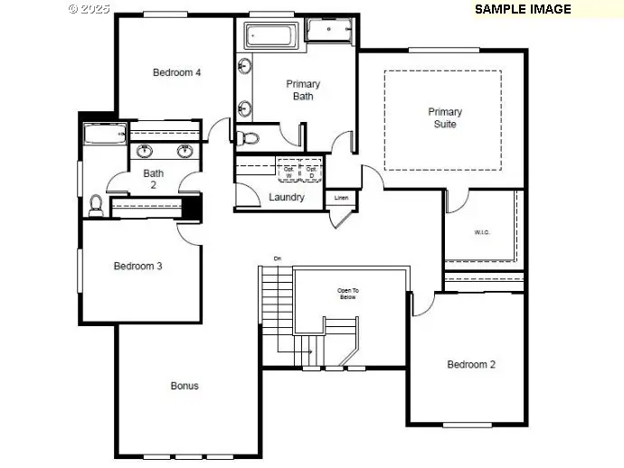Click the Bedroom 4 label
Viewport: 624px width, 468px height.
tap(176, 72)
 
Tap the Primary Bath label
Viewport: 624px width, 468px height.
tap(303, 90)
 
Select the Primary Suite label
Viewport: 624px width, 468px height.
tap(444, 118)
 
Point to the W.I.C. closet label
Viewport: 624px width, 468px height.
tap(480, 231)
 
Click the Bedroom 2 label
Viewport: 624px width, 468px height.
tap(471, 365)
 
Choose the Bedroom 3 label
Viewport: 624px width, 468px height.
tap(137, 267)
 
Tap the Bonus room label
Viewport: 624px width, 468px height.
tap(184, 386)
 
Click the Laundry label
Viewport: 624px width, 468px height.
tap(286, 197)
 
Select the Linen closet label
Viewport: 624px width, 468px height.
tap(341, 197)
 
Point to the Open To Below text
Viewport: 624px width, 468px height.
tap(347, 294)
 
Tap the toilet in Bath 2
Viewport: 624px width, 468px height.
tap(95, 205)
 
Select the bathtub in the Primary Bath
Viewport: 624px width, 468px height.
tap(270, 37)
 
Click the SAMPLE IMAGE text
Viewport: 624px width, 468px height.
tap(523, 9)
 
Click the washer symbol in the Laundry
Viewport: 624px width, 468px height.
tap(289, 170)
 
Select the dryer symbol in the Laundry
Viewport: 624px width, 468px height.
tap(311, 170)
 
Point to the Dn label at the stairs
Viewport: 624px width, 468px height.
tap(278, 259)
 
